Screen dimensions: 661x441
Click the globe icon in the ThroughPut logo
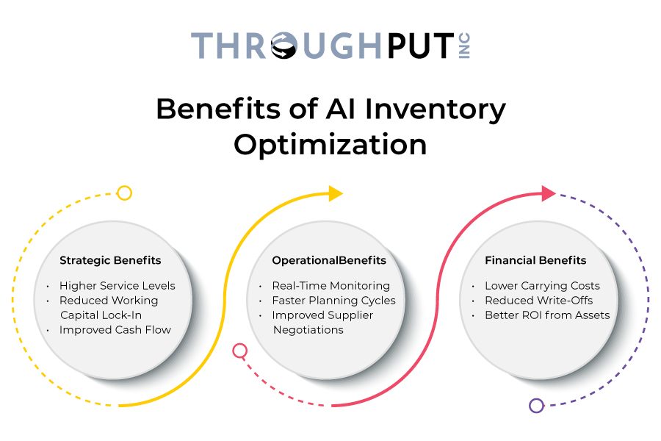[x=283, y=45]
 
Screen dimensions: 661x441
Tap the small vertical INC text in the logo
[x=464, y=46]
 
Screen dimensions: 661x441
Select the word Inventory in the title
[x=435, y=110]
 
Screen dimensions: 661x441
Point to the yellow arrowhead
[x=336, y=193]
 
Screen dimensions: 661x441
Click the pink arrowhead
[x=549, y=193]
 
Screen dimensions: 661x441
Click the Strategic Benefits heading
[x=110, y=260]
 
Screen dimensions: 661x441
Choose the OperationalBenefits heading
[x=329, y=260]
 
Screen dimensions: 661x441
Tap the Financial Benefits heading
[x=535, y=260]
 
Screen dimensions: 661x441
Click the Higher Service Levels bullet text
[x=118, y=286]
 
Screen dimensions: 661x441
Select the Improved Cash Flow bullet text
[x=115, y=330]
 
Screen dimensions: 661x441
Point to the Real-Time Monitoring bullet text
[x=331, y=286]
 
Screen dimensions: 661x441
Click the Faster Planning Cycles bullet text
[x=334, y=301]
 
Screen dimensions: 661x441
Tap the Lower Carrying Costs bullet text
[x=542, y=286]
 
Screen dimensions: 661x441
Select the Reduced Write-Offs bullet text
[x=539, y=301]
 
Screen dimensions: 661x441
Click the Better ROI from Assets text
[x=547, y=315]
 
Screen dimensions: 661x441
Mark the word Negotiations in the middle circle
[x=308, y=330]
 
